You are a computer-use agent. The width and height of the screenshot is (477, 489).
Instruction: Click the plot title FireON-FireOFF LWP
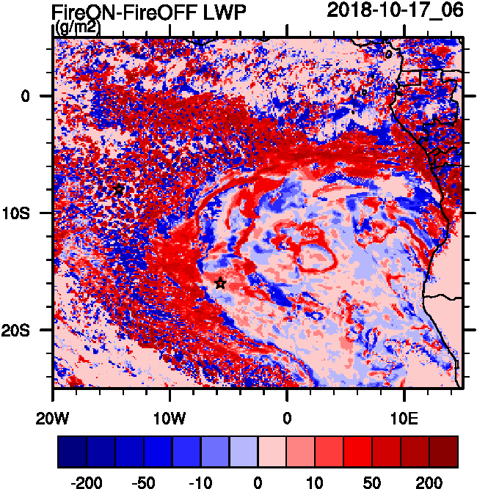(x=149, y=12)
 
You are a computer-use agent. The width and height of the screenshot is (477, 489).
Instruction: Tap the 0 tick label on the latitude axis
(x=25, y=95)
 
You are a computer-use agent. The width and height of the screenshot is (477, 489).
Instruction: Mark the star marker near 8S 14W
(x=119, y=190)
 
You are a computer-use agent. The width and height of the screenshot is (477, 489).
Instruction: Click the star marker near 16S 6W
(x=220, y=282)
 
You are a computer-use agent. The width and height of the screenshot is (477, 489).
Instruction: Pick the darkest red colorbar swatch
(x=444, y=452)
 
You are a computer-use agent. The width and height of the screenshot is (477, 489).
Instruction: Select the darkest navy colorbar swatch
(x=72, y=452)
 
